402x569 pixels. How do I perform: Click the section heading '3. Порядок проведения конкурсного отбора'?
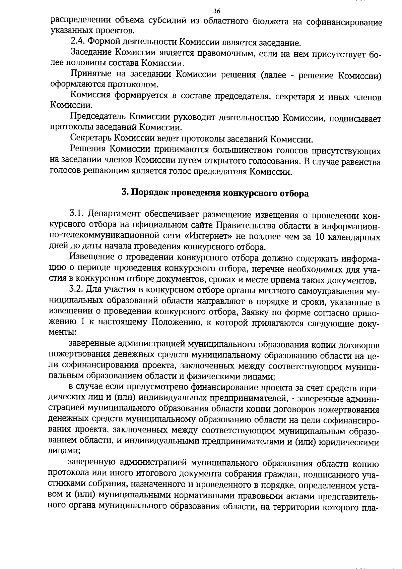[x=215, y=193]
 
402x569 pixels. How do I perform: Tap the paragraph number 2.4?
[x=78, y=42]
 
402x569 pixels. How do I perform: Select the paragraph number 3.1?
[x=77, y=214]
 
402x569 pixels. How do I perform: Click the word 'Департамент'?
[x=113, y=214]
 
